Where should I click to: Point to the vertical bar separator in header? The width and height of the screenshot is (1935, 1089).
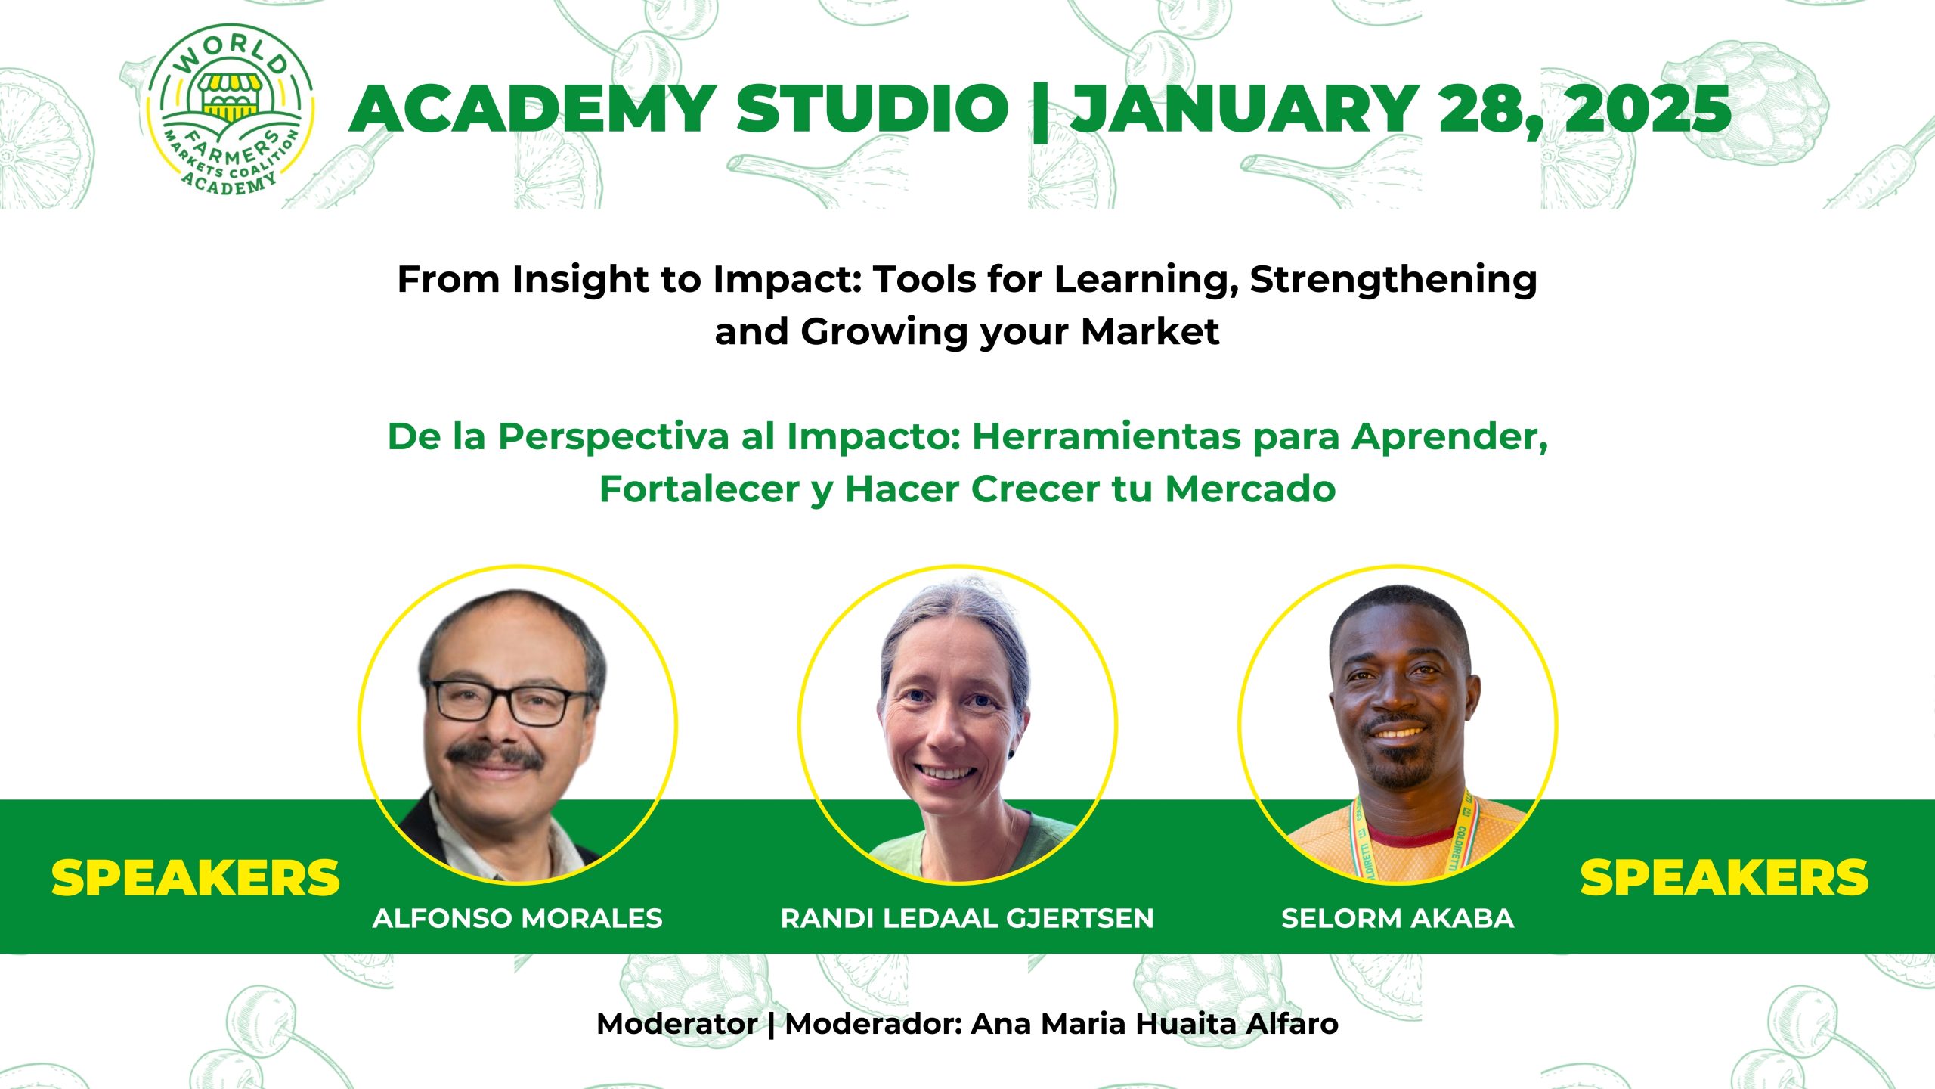point(1040,111)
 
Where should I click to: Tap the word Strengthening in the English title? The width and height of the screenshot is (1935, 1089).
point(1393,281)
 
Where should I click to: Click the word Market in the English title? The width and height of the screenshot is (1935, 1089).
point(1150,331)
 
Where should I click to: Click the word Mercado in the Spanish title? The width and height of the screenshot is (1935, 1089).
point(1250,489)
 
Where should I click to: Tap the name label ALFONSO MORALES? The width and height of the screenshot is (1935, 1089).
point(517,918)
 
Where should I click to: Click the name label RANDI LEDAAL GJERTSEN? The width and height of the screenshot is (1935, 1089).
point(967,918)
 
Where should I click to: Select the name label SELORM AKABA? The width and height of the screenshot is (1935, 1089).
point(1398,918)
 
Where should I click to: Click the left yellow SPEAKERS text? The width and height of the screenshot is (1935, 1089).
point(195,879)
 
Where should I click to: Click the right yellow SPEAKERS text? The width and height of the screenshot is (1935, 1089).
point(1724,879)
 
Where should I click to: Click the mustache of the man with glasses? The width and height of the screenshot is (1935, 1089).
point(495,755)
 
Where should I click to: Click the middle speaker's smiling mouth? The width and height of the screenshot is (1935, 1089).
point(945,773)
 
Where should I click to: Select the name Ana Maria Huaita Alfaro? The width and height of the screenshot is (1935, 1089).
point(1154,1024)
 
